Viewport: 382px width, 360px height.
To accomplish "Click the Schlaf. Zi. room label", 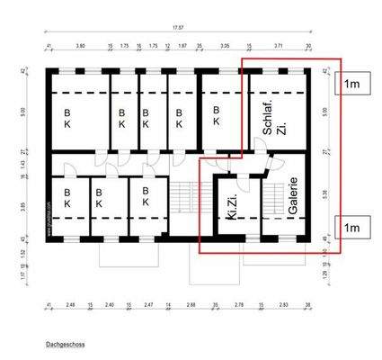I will [274, 118].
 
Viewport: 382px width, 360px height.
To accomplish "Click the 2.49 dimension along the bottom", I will [70, 306].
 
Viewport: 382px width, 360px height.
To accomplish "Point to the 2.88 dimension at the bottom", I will [191, 306].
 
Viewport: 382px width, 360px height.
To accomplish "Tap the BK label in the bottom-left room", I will [67, 196].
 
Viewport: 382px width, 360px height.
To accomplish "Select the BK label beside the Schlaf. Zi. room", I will [216, 114].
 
